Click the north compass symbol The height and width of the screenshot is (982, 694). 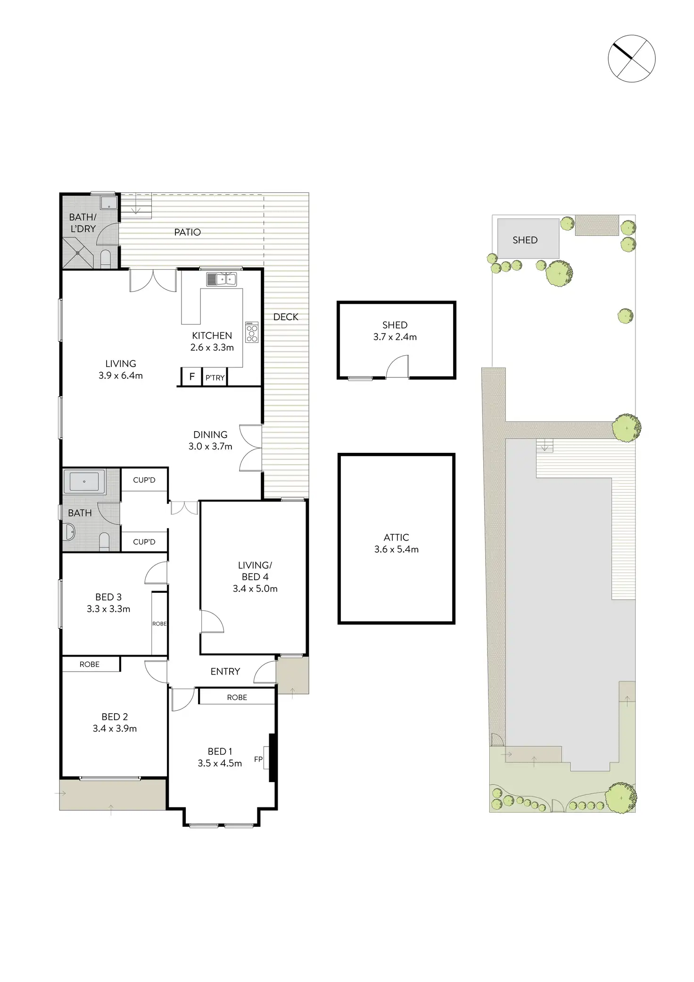click(x=631, y=58)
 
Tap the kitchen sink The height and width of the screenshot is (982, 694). click(x=222, y=280)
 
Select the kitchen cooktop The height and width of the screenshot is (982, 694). click(x=252, y=332)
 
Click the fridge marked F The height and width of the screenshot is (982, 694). click(x=192, y=377)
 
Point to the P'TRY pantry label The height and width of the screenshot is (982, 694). click(x=215, y=378)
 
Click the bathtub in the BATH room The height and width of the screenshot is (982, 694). click(x=84, y=482)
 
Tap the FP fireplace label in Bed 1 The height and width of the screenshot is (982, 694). click(x=258, y=759)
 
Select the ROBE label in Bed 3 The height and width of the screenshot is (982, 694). click(x=159, y=624)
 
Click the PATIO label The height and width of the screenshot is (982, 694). click(x=187, y=232)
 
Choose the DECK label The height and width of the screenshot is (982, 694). click(x=286, y=317)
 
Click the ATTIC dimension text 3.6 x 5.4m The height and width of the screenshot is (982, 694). click(x=396, y=549)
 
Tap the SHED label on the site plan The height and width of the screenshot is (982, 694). click(x=525, y=240)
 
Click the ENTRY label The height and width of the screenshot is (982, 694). click(x=225, y=671)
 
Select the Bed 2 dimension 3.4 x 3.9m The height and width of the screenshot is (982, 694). click(x=115, y=728)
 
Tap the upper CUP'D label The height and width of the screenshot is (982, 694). click(x=144, y=480)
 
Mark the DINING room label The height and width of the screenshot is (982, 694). click(x=210, y=434)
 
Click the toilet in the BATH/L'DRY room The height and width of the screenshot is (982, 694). click(x=106, y=259)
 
